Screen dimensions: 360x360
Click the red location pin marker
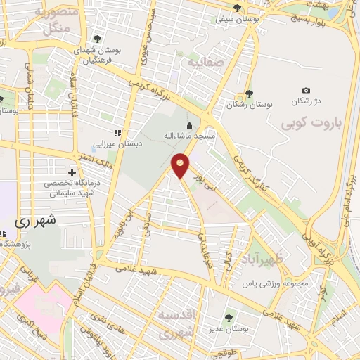tap(181, 166)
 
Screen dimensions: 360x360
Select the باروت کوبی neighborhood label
tap(310, 125)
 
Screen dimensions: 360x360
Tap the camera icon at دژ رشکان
tap(306, 91)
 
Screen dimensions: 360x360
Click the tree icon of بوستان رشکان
tap(248, 94)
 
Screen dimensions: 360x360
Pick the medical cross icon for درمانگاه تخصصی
tap(72, 172)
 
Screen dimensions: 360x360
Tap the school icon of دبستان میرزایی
tap(117, 133)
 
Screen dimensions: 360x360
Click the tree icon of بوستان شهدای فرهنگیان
tap(96, 39)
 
